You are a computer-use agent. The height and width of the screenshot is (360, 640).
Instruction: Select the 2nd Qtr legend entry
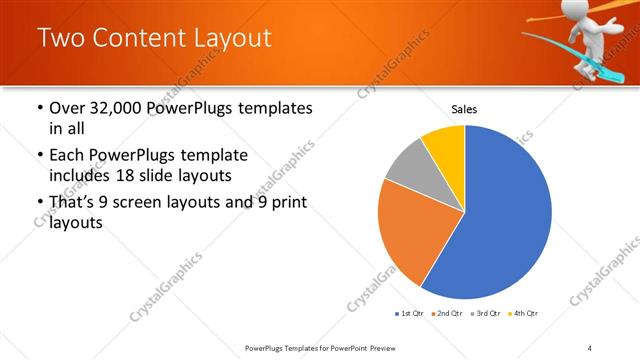tap(447, 314)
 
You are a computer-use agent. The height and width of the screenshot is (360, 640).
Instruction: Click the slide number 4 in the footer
tap(590, 348)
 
